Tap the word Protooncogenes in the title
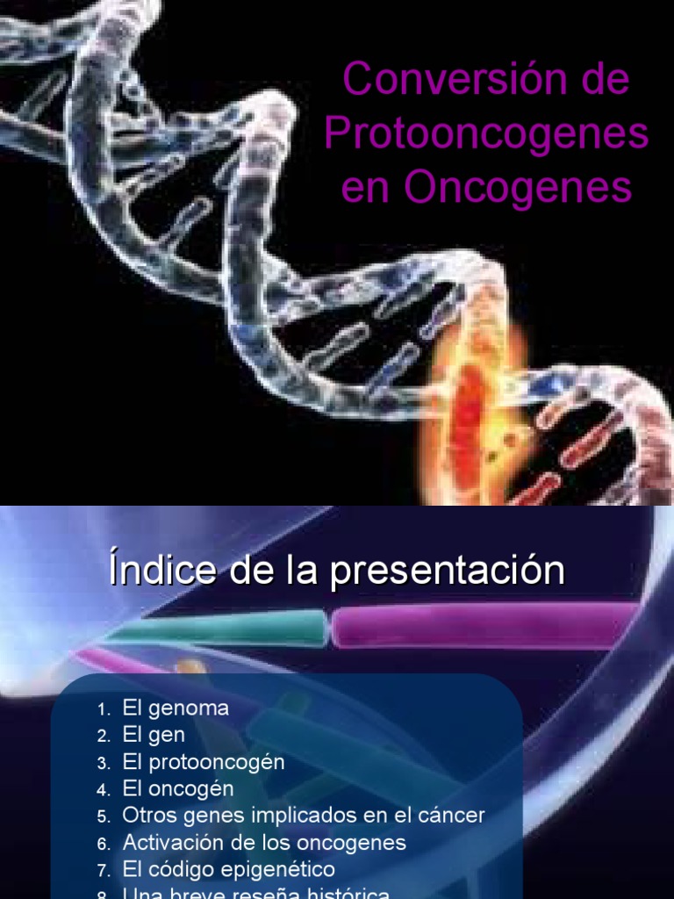(486, 134)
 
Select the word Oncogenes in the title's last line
(519, 188)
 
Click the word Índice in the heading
(161, 571)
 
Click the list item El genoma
(176, 708)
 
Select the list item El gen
(154, 735)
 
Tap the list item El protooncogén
(204, 762)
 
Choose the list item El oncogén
(178, 788)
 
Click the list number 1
(102, 709)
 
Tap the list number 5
(102, 816)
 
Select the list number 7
(102, 870)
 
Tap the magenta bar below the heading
(483, 625)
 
